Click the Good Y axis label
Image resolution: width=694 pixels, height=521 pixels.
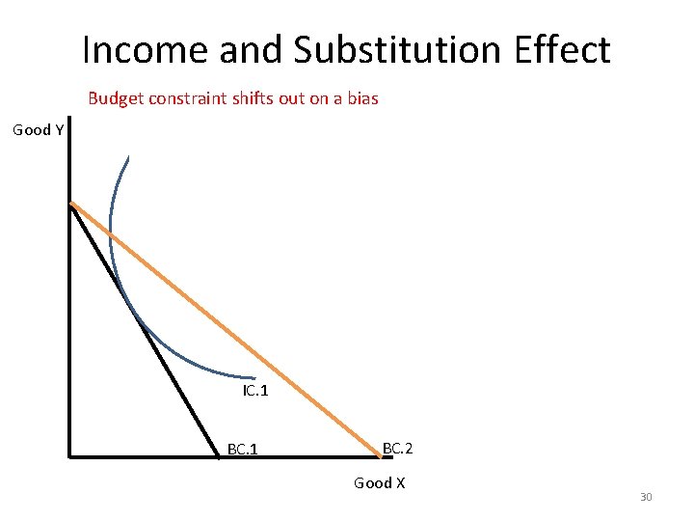pos(38,130)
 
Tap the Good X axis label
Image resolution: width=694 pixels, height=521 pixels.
pos(379,482)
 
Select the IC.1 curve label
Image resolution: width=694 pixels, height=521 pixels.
pos(255,392)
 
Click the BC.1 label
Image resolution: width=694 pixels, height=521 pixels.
pos(241,450)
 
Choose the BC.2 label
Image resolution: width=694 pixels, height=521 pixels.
pos(397,449)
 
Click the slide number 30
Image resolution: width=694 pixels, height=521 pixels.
pos(646,497)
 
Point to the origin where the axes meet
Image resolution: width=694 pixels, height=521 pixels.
pos(70,454)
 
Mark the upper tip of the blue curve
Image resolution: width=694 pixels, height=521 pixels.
pos(127,158)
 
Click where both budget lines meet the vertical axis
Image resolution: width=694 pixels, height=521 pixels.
pos(71,204)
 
